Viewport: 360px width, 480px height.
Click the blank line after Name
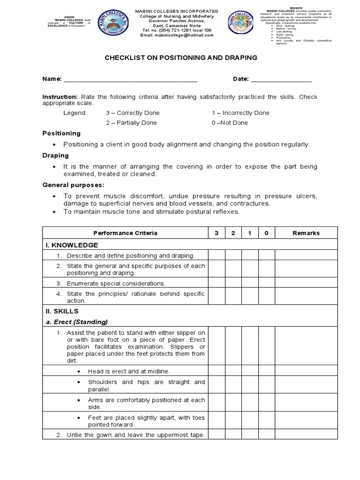coord(130,80)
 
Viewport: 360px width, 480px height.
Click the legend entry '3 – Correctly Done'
coord(133,113)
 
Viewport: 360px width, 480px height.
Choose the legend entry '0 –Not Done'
coord(230,123)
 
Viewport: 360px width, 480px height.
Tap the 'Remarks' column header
coord(306,233)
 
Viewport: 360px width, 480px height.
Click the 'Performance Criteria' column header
coord(125,233)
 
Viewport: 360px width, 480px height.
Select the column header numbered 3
coord(217,233)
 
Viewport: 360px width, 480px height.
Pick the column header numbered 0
coord(266,233)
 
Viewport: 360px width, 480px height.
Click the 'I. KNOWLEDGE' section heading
coord(71,245)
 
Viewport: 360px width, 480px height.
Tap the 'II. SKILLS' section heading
coord(62,311)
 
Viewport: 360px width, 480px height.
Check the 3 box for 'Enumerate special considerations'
coord(217,284)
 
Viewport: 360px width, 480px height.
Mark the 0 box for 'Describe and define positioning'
coord(266,255)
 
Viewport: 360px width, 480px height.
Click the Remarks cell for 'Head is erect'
coord(306,371)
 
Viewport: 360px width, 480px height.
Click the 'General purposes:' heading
coord(74,185)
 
